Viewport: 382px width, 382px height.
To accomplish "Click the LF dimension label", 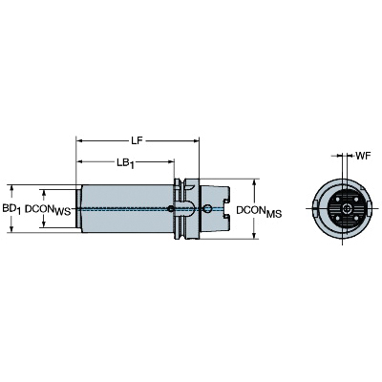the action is pyautogui.click(x=137, y=140).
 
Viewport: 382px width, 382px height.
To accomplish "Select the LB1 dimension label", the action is pyautogui.click(x=125, y=163).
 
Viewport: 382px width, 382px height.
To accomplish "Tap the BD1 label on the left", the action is pyautogui.click(x=11, y=209).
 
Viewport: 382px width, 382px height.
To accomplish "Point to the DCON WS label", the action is pyautogui.click(x=48, y=209).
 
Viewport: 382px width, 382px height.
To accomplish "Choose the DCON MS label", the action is pyautogui.click(x=259, y=211).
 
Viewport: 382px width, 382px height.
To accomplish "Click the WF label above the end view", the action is pyautogui.click(x=363, y=156).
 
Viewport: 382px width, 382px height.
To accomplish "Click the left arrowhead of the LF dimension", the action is pyautogui.click(x=79, y=140).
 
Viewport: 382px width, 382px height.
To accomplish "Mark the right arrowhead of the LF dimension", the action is pyautogui.click(x=196, y=140).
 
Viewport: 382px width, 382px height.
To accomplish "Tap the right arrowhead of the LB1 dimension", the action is pyautogui.click(x=171, y=162).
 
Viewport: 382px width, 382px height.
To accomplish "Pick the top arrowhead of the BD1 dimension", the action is pyautogui.click(x=11, y=188).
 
